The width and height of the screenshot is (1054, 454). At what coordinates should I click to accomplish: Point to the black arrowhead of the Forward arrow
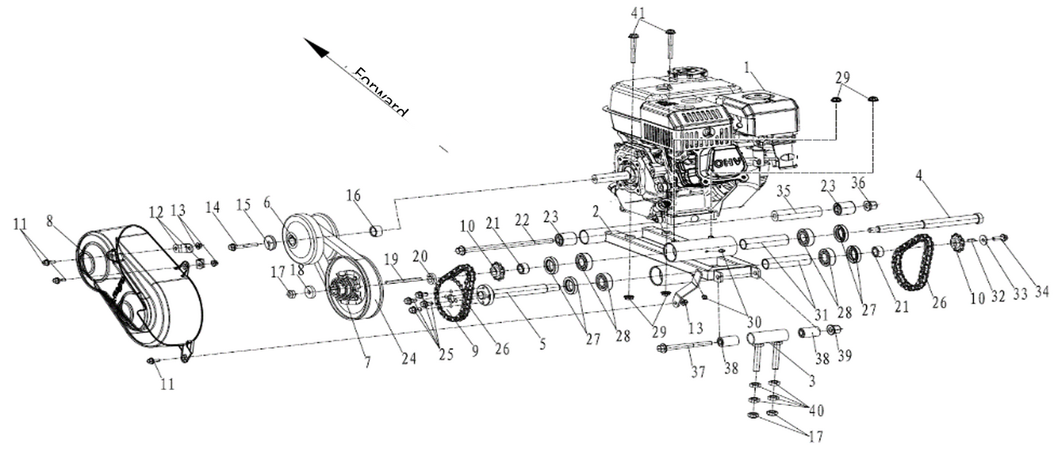317,49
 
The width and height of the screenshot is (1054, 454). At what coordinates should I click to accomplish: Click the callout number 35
783,192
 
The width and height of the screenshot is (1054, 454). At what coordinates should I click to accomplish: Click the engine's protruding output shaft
602,177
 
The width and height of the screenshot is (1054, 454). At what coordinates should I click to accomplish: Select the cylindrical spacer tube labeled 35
797,215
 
